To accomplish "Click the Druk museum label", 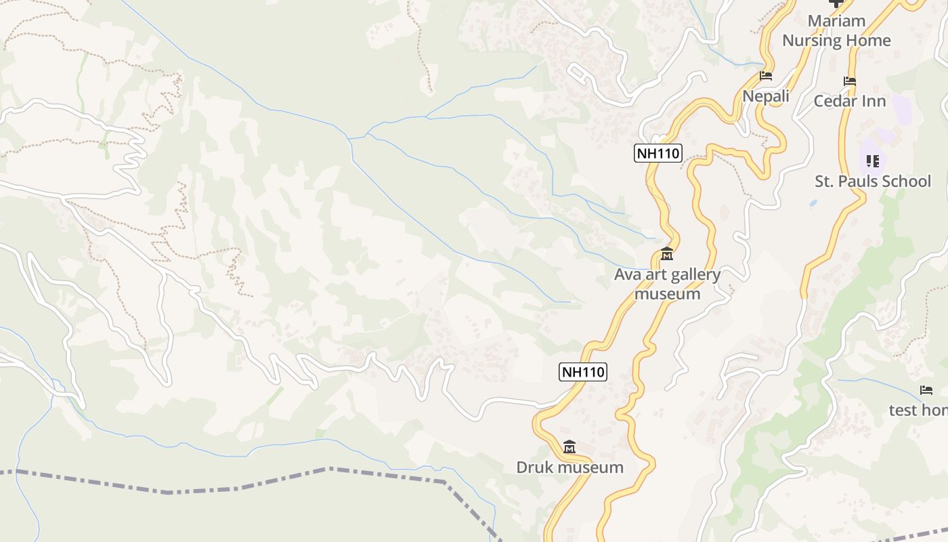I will (569, 467).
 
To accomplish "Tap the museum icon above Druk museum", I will (569, 447).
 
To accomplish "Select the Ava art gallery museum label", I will (667, 284).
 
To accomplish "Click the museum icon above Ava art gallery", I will (667, 255).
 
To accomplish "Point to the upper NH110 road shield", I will (658, 153).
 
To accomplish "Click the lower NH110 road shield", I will (583, 372).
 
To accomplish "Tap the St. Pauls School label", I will (873, 182).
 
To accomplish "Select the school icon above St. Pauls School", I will (873, 161).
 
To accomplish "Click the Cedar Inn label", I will (850, 102).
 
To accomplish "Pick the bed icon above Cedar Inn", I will (850, 81).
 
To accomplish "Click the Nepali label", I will (766, 96).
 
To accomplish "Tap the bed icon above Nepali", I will (766, 75).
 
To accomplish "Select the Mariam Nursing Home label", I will (837, 30).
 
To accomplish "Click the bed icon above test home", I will (926, 390).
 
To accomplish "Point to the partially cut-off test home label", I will (918, 410).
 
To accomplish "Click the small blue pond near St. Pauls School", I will (813, 203).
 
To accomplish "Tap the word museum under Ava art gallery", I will (667, 294).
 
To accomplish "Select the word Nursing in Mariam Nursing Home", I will (812, 41).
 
